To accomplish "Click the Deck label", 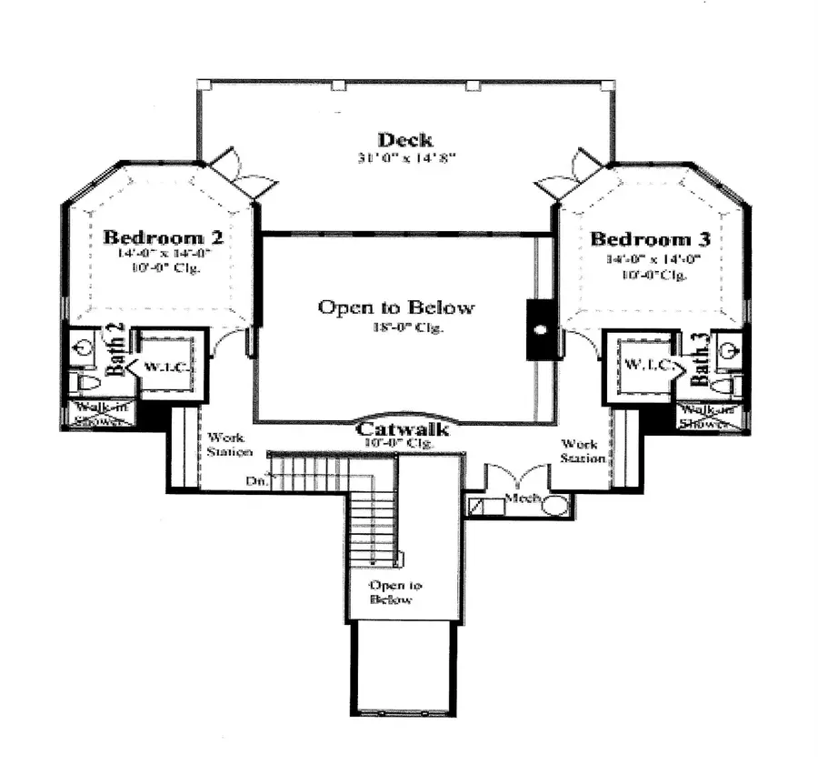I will click(405, 140).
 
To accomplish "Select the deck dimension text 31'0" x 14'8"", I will click(405, 158).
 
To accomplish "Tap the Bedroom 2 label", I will click(164, 237).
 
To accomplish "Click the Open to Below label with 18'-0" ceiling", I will click(395, 307).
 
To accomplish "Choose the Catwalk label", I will click(402, 428).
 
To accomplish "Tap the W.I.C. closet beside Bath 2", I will click(165, 367).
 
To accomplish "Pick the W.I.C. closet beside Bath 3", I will click(647, 366).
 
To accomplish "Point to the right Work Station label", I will click(579, 451).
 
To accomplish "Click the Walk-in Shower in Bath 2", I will click(102, 414).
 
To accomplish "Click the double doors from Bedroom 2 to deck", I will click(242, 176).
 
